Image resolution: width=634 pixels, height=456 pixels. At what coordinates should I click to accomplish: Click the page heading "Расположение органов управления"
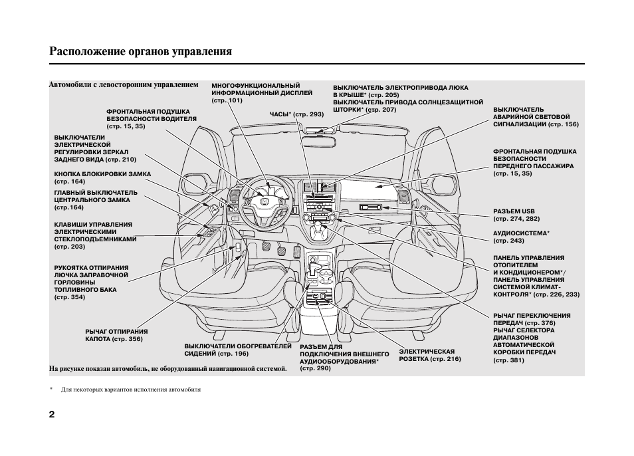tap(140, 51)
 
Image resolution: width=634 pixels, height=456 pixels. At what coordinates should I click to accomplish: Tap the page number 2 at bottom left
tap(53, 413)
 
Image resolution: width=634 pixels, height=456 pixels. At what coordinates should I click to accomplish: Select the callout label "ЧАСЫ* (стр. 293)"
tap(296, 114)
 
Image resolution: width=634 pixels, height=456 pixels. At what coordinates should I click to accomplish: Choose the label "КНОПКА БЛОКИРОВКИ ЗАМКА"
tap(102, 173)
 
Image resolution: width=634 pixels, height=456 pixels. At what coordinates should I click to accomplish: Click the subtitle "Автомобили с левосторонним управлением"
tap(124, 85)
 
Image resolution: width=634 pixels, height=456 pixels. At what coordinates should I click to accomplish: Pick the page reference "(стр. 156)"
tap(564, 124)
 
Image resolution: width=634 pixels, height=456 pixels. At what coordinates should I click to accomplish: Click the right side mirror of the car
tap(443, 187)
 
